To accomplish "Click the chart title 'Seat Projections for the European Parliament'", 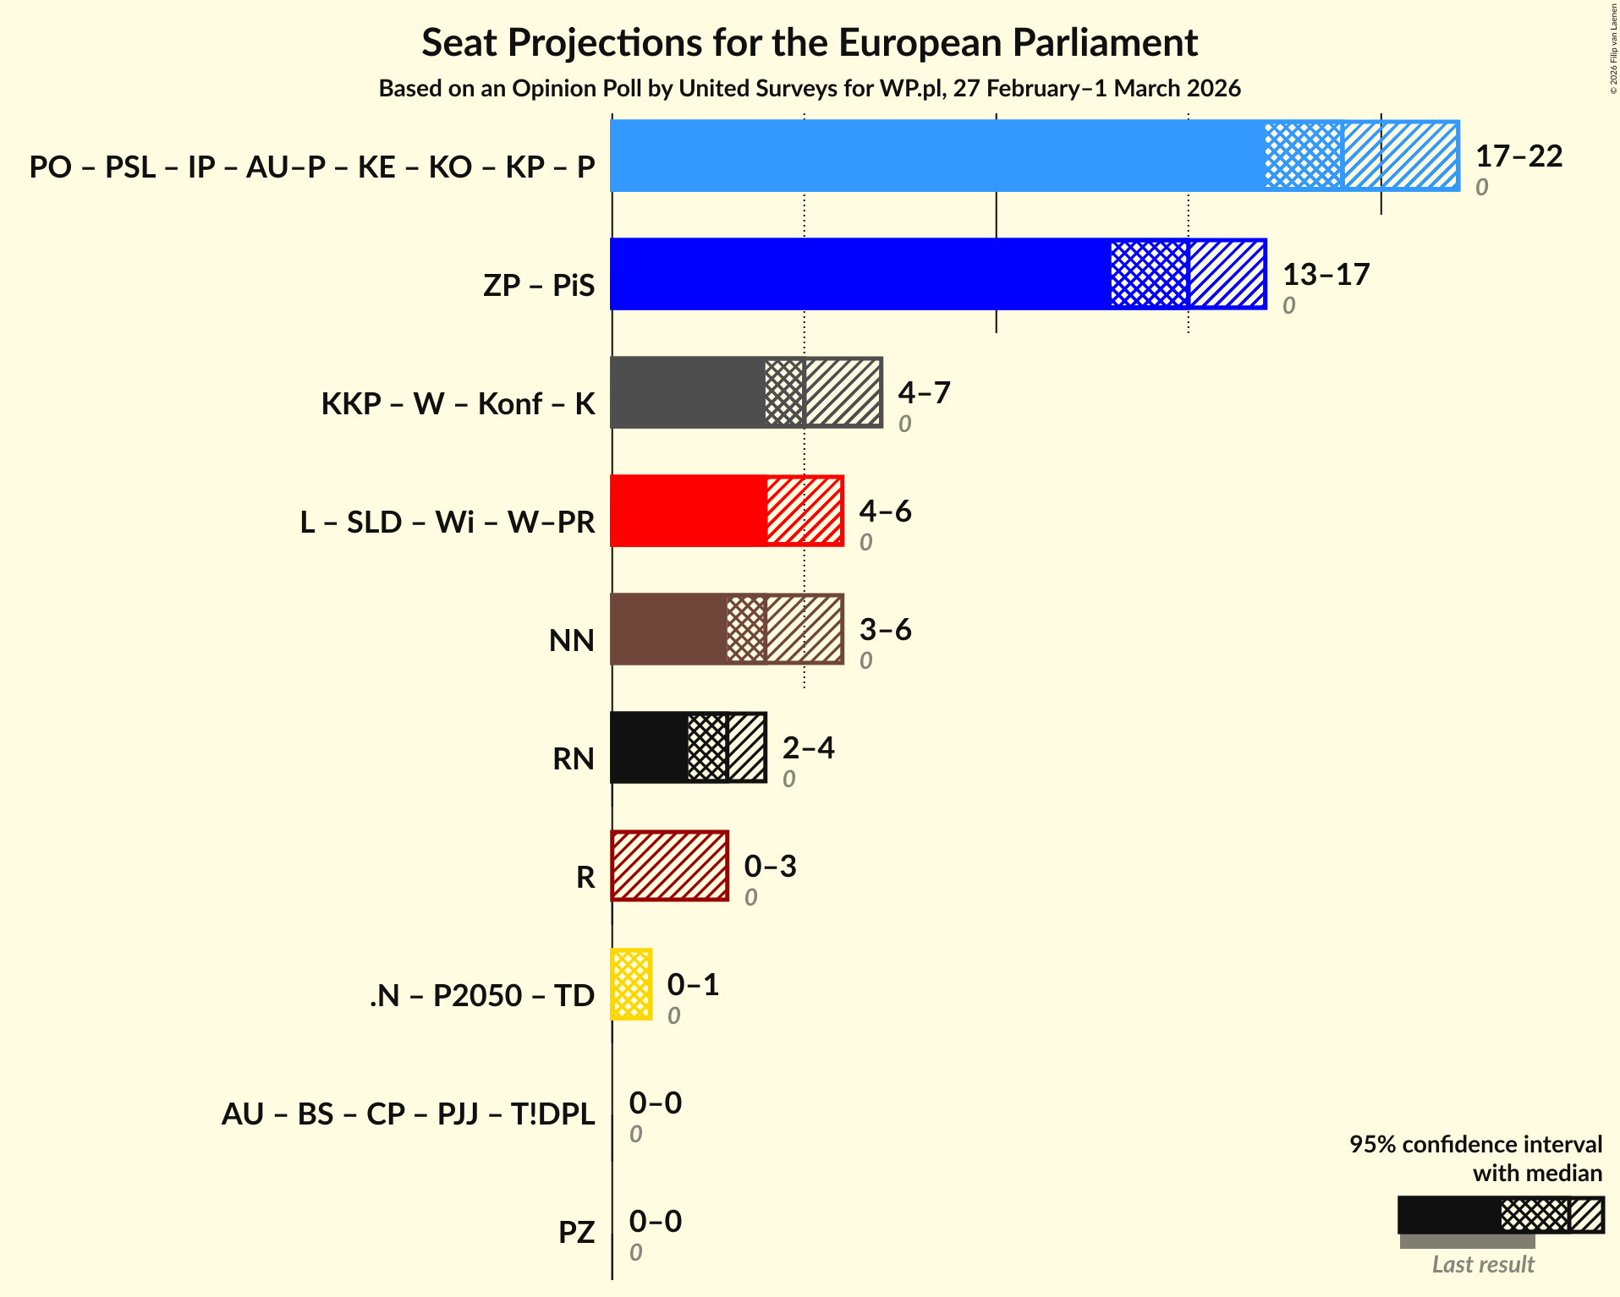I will (810, 42).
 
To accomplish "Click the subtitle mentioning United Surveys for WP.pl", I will (810, 88).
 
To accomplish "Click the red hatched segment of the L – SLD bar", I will (804, 511).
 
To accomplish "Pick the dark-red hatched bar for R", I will (669, 866).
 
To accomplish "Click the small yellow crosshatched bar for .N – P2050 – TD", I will (631, 984).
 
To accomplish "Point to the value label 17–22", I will (1518, 156).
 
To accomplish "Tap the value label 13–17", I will (1326, 274).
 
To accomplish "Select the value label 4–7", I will (924, 392).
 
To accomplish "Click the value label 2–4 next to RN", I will (808, 747).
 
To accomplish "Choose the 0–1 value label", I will (693, 984).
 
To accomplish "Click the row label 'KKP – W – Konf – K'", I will (458, 403).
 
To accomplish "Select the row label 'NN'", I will (572, 640).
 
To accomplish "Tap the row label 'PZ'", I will (576, 1232).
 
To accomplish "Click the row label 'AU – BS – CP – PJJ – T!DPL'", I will (408, 1114).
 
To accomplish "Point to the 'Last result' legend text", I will (1482, 1264).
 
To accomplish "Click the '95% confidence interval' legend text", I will (1474, 1144).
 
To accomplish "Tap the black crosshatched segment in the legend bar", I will (1534, 1215).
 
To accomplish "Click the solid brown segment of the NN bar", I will (667, 629).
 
